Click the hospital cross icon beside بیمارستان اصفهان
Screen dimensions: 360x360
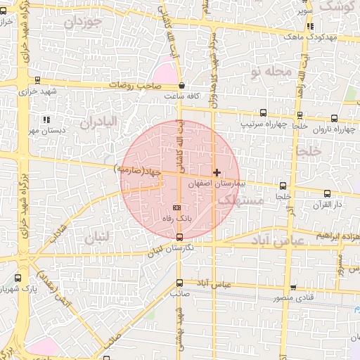coord(217,172)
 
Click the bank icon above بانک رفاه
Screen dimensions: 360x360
coord(176,208)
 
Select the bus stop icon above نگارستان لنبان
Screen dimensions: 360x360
coord(179,236)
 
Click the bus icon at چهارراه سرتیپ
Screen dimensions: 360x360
coord(264,112)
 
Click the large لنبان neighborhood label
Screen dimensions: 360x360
coord(97,239)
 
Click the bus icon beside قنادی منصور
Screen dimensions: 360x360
coord(293,288)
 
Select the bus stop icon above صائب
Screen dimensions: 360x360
coord(179,283)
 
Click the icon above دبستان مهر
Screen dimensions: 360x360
coord(46,120)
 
